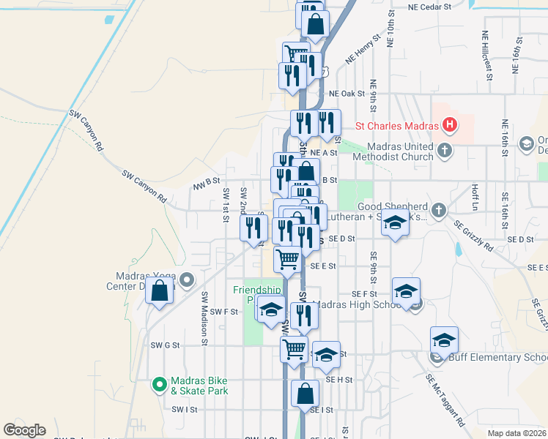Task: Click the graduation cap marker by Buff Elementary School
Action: coord(444,339)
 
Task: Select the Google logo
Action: coord(24,430)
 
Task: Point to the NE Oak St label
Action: coord(347,94)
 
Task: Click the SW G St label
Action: coord(165,345)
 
